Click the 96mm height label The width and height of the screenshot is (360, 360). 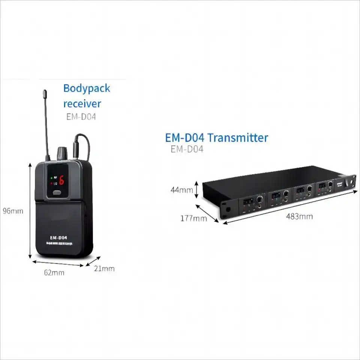[13, 211]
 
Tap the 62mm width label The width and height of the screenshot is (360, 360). [54, 273]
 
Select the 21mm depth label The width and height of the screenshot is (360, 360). [105, 268]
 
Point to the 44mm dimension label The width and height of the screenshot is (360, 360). [181, 190]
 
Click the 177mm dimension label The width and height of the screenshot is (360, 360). [194, 218]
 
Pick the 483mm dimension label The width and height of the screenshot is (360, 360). [299, 216]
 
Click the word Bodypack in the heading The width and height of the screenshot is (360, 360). [87, 89]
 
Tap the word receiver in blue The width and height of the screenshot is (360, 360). [82, 103]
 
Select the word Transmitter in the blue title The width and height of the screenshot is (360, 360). [238, 138]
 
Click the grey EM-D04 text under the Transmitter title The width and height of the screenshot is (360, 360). [187, 149]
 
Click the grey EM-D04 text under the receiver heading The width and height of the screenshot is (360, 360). [81, 117]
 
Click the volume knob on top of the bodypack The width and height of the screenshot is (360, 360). [61, 153]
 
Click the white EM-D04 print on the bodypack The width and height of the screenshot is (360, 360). [58, 237]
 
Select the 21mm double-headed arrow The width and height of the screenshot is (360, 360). [93, 261]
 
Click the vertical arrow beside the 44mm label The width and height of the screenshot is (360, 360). [196, 189]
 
